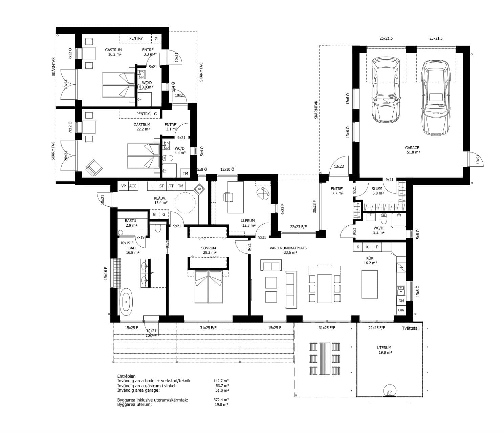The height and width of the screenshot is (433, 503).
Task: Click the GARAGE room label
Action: (x=412, y=148)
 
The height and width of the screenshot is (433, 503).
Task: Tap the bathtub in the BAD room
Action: (x=126, y=302)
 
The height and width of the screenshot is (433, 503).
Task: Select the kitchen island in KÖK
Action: (x=369, y=284)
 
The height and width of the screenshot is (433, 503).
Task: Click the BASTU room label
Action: (x=130, y=221)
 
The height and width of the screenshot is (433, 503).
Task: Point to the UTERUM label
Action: (x=384, y=348)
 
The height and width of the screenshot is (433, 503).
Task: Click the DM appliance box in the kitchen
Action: (x=401, y=301)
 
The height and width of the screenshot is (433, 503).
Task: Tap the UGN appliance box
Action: (x=401, y=310)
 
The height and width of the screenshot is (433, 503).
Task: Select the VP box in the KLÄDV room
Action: (x=123, y=186)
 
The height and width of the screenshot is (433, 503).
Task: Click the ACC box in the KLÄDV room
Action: (x=133, y=186)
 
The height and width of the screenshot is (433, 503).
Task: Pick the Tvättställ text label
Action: (x=411, y=328)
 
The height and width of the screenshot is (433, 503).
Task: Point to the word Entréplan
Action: (x=126, y=376)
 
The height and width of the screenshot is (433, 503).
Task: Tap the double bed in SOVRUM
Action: (x=208, y=286)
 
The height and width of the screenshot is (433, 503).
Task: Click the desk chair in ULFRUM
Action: (x=228, y=197)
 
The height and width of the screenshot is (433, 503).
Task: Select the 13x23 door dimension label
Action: (x=339, y=167)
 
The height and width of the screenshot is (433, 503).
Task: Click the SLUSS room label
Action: (x=377, y=189)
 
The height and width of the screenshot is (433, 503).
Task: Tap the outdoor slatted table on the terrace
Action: (x=324, y=358)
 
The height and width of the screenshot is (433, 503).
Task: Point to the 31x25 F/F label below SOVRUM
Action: (x=208, y=328)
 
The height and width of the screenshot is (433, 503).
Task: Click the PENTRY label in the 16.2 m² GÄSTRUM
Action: (x=136, y=38)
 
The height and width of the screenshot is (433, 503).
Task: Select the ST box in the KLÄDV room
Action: (x=161, y=186)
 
